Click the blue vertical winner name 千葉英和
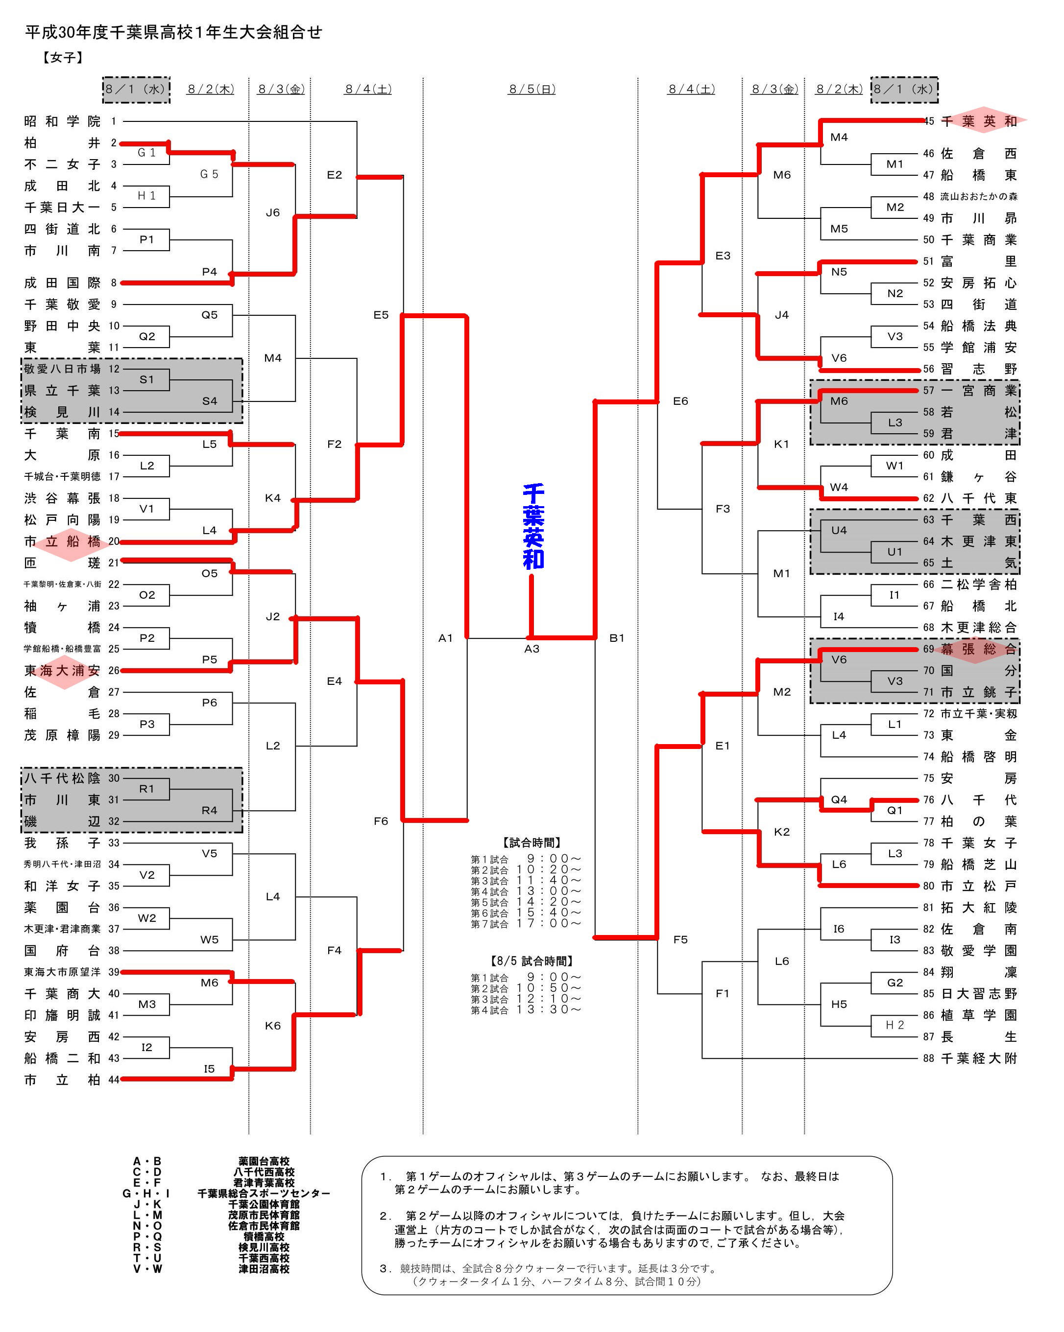533,526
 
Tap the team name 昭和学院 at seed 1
62,121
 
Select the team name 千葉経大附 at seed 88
978,1058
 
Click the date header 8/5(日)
532,89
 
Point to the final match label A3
532,649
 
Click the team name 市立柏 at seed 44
62,1080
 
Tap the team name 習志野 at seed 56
978,369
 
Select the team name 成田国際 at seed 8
62,283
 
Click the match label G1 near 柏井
146,153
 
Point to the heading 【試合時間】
532,842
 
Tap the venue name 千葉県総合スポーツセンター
264,1193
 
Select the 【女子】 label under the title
62,57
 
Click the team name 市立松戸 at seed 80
978,886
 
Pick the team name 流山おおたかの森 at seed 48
978,196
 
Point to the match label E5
381,315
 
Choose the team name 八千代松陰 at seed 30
62,778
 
